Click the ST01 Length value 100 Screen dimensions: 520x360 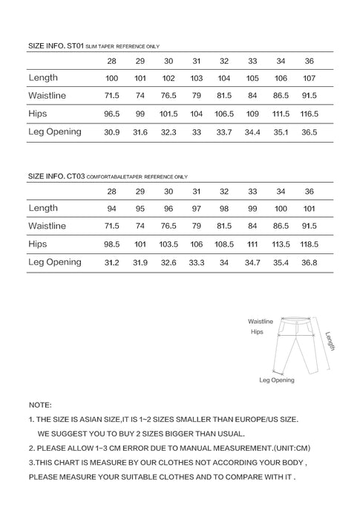tap(112, 78)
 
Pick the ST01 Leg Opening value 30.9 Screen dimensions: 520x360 tap(112, 132)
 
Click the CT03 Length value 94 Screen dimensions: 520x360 tap(112, 208)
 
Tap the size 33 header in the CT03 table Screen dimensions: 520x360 tap(252, 191)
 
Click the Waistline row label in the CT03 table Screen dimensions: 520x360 tap(48, 226)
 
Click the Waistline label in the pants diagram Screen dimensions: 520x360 tap(261, 321)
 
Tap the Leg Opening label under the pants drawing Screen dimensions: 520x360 tap(276, 380)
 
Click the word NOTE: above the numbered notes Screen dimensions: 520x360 tap(40, 406)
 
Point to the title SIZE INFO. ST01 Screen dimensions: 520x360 tap(56, 45)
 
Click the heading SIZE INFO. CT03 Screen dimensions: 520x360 tap(56, 176)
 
